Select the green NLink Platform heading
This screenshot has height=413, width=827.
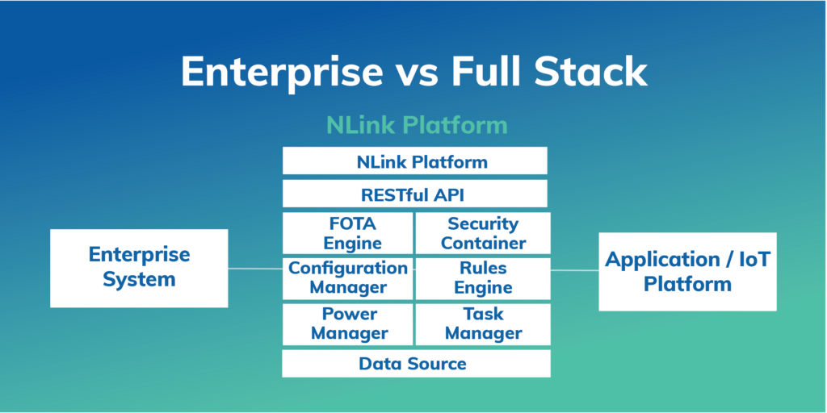tap(417, 125)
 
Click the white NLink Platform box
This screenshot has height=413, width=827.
tap(414, 161)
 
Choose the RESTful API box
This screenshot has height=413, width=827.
tap(414, 194)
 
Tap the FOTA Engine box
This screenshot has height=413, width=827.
tap(348, 233)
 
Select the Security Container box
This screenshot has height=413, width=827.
tap(482, 233)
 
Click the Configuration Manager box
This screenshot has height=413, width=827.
tap(348, 277)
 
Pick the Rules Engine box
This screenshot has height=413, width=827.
tap(482, 277)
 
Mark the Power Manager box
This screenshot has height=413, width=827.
tap(348, 323)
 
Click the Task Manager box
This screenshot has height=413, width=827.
tap(482, 323)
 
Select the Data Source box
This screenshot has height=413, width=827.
tap(415, 363)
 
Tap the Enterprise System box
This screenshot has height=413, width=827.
tap(139, 268)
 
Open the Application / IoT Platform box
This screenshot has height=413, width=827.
tap(687, 272)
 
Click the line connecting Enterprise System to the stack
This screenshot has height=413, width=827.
tap(255, 269)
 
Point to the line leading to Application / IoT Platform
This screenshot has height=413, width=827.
tap(574, 270)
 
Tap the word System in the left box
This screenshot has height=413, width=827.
tap(139, 281)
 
